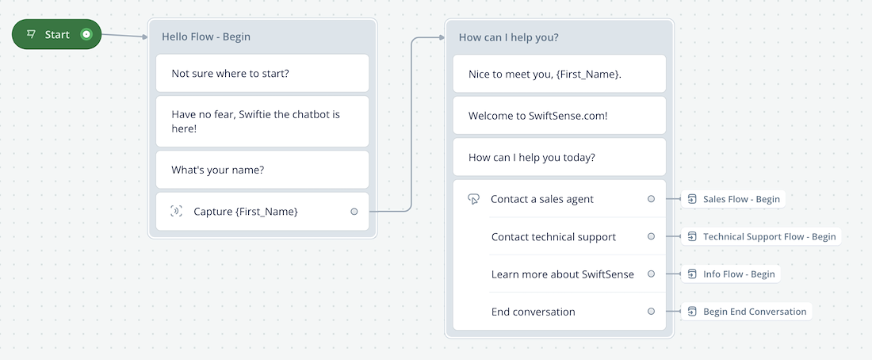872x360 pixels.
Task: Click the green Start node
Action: tap(57, 35)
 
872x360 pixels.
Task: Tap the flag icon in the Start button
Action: tap(31, 35)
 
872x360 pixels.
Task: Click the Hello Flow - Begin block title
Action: tap(206, 36)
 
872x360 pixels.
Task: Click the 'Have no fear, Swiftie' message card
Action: tap(262, 121)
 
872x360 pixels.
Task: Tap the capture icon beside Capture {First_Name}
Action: tap(176, 212)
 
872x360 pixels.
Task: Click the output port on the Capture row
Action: tap(354, 212)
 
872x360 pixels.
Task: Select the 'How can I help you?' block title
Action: tap(508, 37)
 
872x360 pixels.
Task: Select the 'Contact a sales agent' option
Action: tap(542, 199)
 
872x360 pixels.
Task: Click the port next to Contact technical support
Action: tap(651, 236)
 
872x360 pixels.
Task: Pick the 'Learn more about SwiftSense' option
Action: tap(563, 274)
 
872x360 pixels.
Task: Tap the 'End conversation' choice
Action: tap(534, 312)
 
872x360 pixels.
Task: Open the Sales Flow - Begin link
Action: tap(733, 199)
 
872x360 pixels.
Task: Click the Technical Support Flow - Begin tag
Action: tap(761, 236)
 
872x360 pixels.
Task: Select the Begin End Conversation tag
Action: tap(746, 312)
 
